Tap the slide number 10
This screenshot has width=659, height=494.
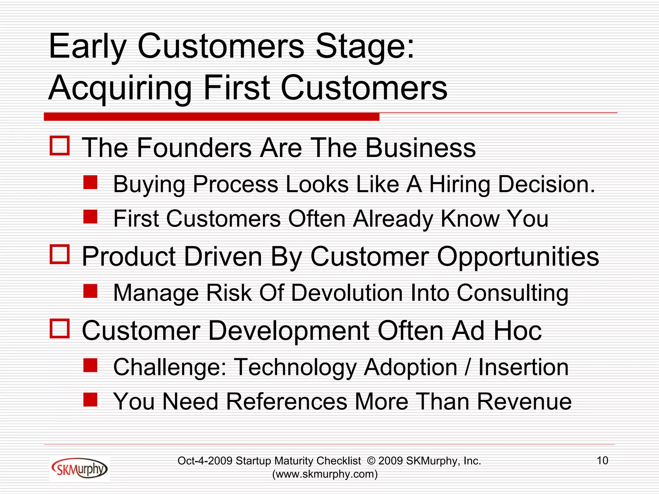pos(602,461)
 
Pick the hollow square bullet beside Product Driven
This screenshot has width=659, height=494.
pos(60,254)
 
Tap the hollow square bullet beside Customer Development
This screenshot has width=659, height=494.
pos(60,329)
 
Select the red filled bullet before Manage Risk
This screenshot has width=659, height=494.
pos(90,291)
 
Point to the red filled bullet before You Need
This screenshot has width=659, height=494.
pos(90,399)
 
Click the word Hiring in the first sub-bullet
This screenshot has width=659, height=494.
pos(459,185)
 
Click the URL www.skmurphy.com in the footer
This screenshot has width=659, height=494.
pos(325,474)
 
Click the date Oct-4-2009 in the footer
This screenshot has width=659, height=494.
pos(205,461)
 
